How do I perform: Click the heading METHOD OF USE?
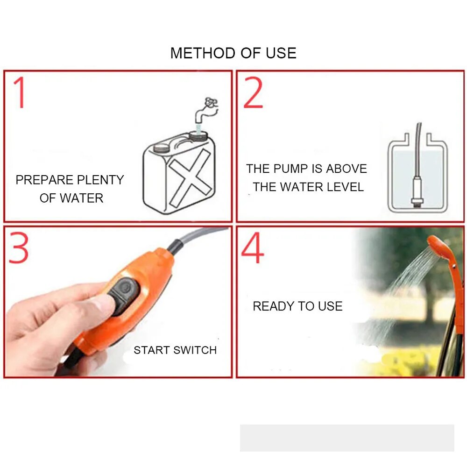coord(233,53)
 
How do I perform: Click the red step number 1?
coord(19,92)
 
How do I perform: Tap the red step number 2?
coord(253,92)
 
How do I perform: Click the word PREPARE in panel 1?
coord(42,180)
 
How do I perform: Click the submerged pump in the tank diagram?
coord(417,191)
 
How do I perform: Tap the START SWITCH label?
coord(175,350)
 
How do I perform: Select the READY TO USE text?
coord(297,306)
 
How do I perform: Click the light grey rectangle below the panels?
coord(347,438)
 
